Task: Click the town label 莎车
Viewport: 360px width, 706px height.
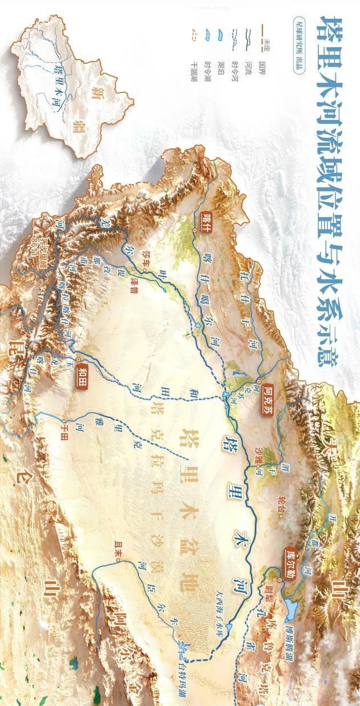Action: point(135,256)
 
